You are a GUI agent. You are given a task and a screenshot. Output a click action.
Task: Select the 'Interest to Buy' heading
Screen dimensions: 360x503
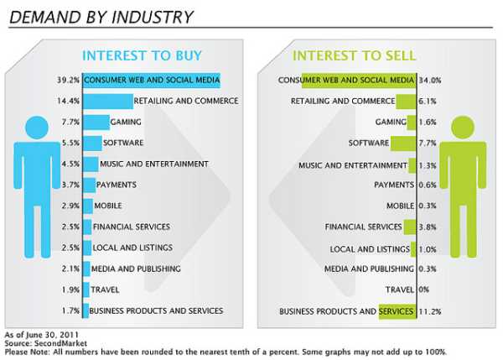tap(141, 56)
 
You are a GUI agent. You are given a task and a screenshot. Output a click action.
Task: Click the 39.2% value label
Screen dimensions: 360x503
tap(69, 81)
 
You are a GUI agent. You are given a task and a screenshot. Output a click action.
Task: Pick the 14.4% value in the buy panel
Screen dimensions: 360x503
tap(69, 102)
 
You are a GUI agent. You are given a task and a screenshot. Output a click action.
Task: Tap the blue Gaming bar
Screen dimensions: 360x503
tap(96, 123)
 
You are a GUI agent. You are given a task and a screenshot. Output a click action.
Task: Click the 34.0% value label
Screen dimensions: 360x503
tap(430, 81)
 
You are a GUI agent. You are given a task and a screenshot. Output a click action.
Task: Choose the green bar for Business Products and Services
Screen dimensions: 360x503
tap(396, 311)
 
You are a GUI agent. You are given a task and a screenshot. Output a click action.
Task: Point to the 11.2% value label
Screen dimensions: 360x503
tap(430, 311)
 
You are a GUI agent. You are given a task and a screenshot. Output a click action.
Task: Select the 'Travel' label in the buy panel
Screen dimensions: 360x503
tap(105, 290)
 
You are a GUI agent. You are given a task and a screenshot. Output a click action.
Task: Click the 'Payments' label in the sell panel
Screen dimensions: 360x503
tap(393, 185)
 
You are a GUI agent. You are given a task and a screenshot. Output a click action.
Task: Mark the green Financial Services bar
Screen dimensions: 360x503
tap(409, 227)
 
